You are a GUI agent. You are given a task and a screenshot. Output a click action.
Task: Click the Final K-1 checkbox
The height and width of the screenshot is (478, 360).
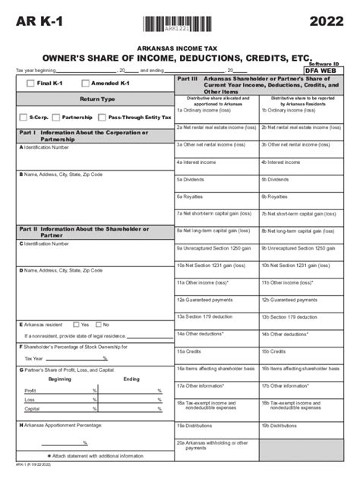(x=30, y=83)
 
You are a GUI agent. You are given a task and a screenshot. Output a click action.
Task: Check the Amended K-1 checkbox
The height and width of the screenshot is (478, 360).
(x=85, y=83)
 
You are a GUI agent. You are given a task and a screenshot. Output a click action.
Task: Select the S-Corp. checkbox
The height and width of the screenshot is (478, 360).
(x=23, y=118)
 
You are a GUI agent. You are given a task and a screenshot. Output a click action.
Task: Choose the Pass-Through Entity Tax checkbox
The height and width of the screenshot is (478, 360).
(x=103, y=118)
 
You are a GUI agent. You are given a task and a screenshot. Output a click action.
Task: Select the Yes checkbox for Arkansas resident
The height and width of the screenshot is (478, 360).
(x=75, y=324)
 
